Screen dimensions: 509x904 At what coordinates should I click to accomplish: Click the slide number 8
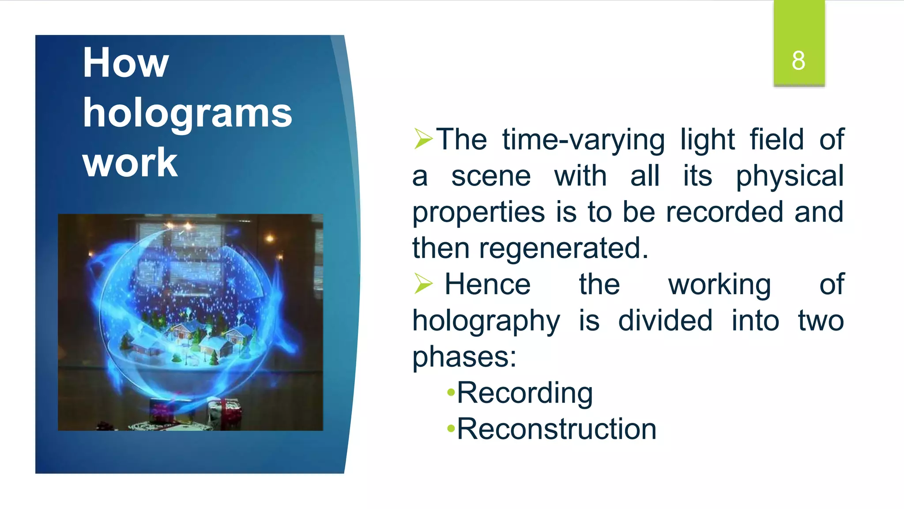(x=798, y=61)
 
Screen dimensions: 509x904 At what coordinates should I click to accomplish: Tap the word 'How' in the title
(x=125, y=63)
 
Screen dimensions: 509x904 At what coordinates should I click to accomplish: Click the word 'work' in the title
(x=130, y=163)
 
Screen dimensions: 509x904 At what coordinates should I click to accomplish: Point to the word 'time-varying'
(x=583, y=141)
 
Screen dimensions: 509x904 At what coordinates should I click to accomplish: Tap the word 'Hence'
(x=487, y=285)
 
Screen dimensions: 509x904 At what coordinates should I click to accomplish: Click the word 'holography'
(x=486, y=321)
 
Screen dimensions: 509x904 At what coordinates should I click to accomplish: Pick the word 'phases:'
(x=464, y=357)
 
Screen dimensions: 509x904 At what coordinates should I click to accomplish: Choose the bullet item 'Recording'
(x=524, y=393)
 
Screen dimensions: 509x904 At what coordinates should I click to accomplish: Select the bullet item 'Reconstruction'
(x=556, y=429)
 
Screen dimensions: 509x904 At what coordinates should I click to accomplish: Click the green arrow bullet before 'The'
(x=423, y=139)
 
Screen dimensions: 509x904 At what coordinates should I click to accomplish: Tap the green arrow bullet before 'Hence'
(x=423, y=284)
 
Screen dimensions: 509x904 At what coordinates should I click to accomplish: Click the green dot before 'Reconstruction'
(x=451, y=428)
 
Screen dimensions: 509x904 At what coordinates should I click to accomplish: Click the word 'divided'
(x=665, y=321)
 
